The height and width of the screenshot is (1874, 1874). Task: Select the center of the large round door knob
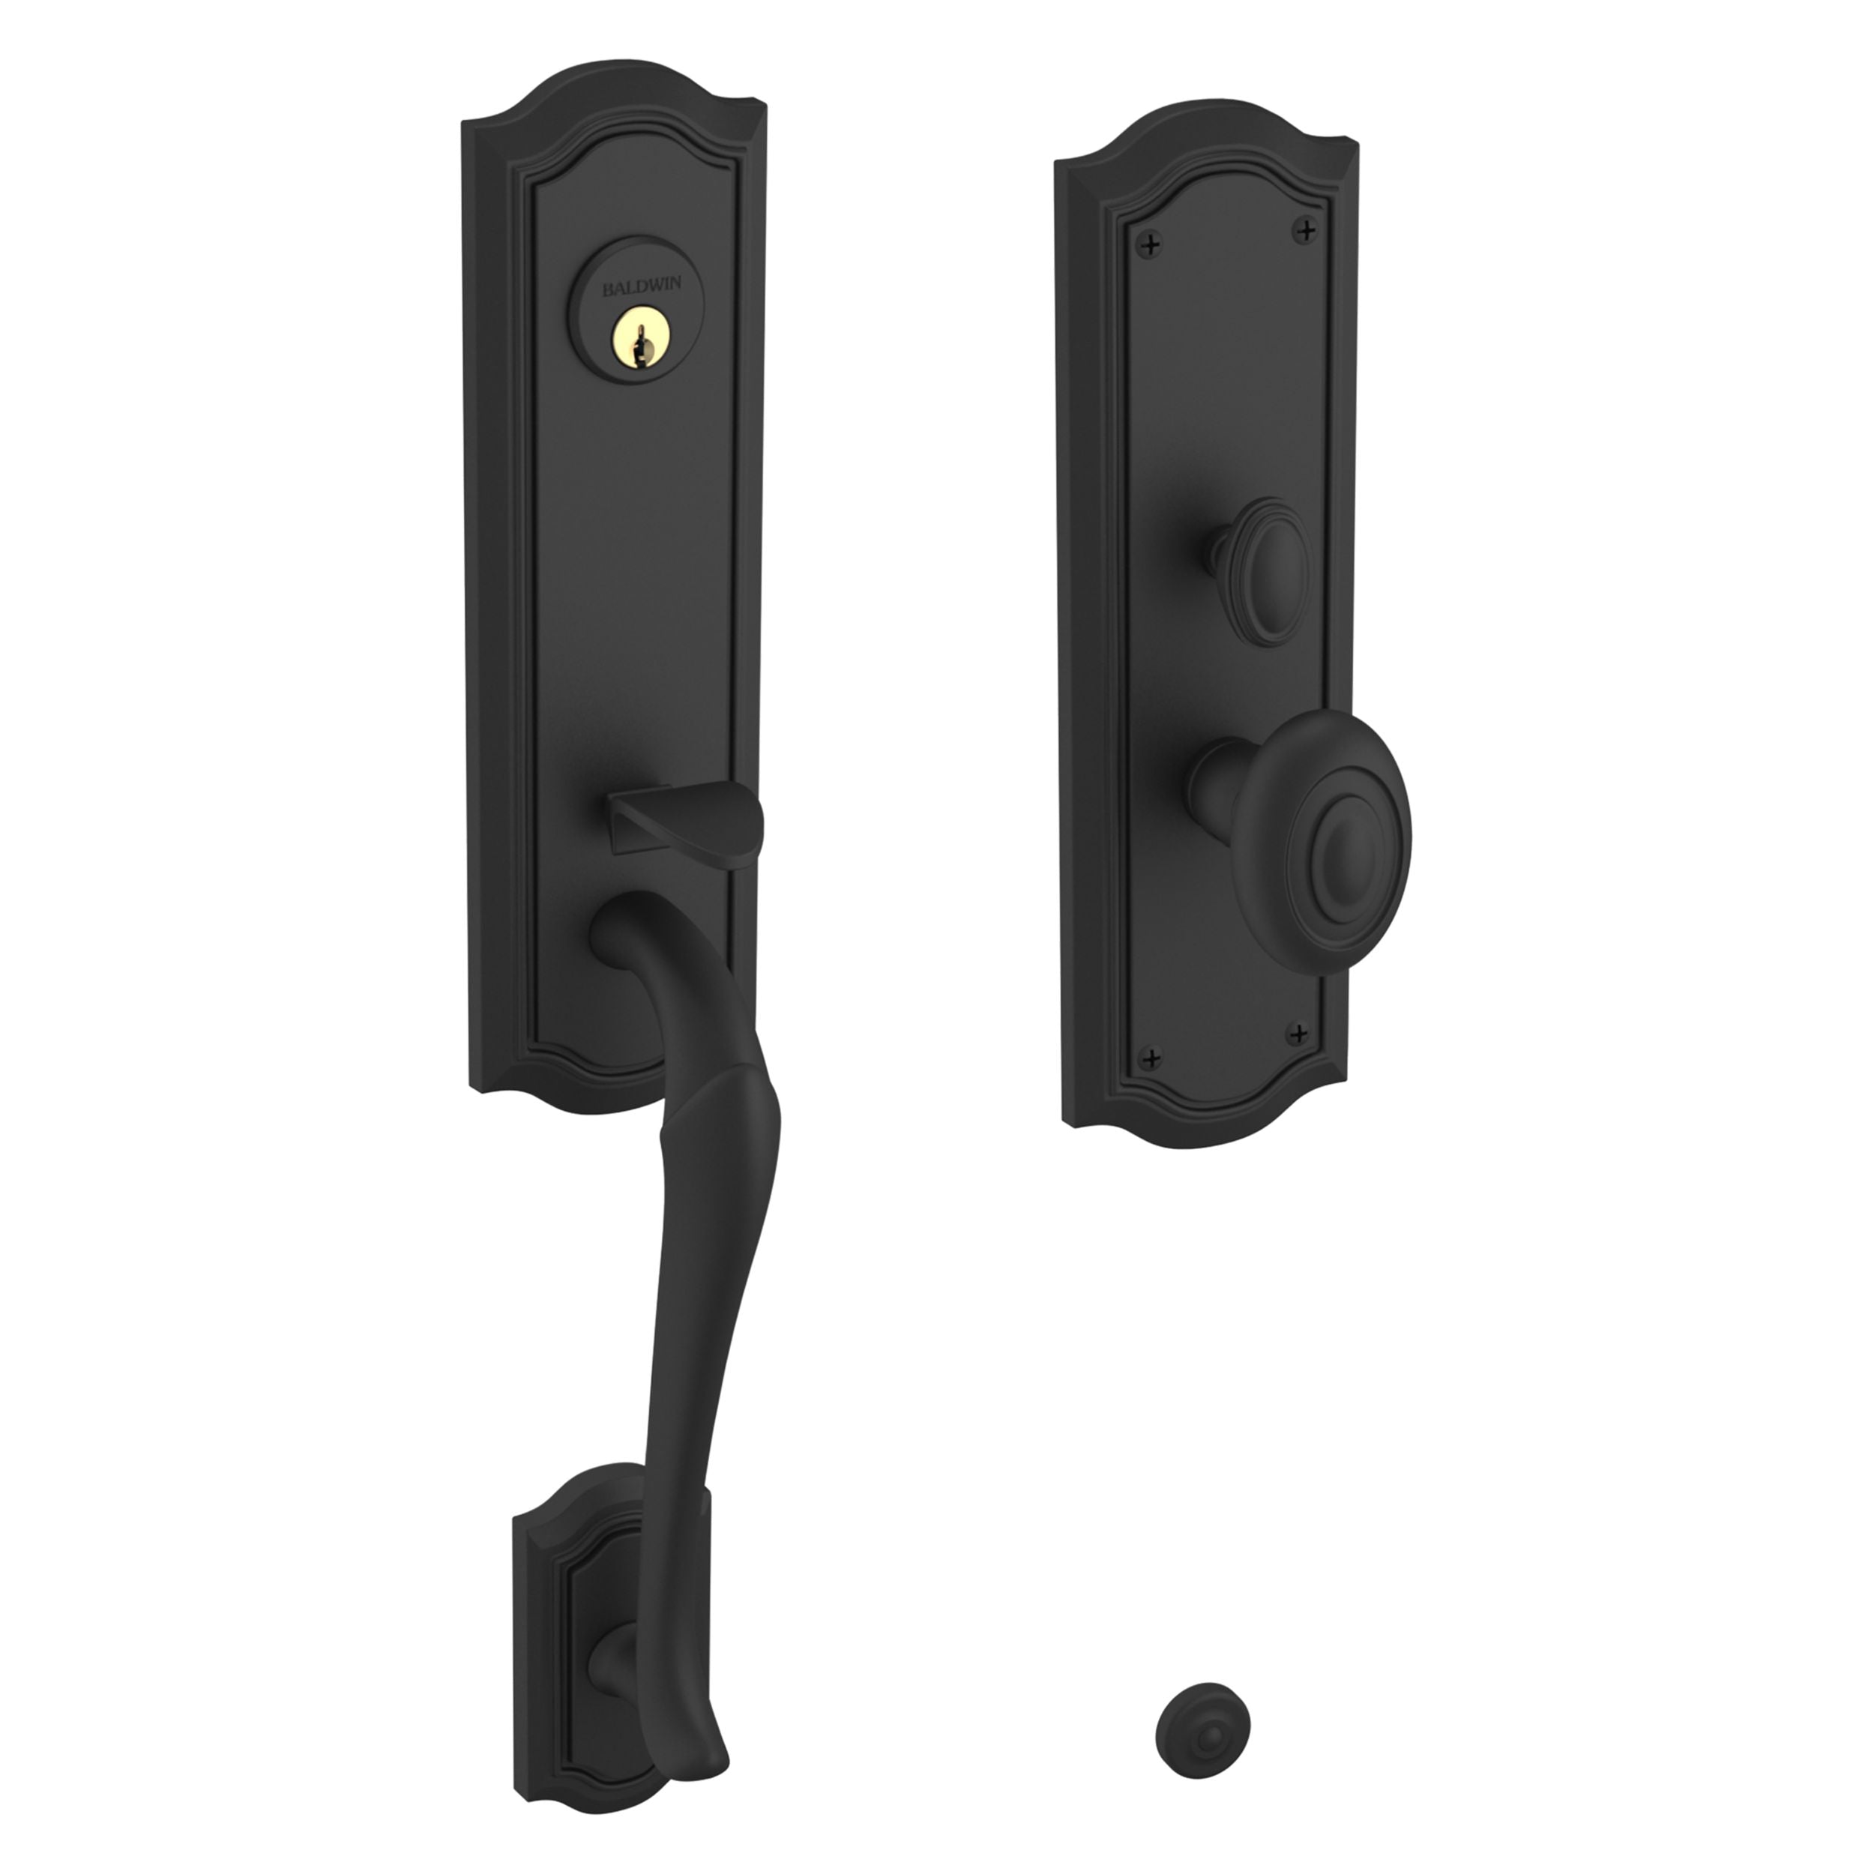pos(1343,834)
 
